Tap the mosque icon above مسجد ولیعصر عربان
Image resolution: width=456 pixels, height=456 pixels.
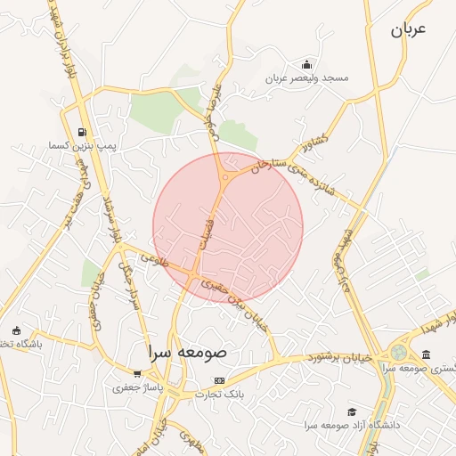(x=307, y=64)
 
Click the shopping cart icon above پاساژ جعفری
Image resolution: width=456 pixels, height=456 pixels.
(x=137, y=374)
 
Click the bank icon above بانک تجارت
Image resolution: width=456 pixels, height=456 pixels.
(x=219, y=380)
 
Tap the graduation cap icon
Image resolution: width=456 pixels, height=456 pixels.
(x=353, y=412)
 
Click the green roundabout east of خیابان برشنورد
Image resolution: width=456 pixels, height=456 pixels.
(x=397, y=353)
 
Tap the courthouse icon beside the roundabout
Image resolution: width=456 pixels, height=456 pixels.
(x=426, y=354)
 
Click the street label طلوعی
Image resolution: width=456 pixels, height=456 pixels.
(x=154, y=260)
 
